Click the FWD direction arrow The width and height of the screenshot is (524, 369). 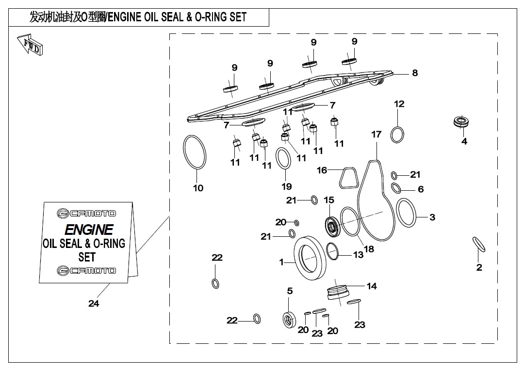tap(30, 45)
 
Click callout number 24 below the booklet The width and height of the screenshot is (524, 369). tap(94, 303)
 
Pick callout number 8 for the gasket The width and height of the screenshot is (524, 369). tap(415, 73)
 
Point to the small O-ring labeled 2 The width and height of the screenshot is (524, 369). tap(479, 245)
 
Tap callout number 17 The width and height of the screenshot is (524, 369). tap(377, 134)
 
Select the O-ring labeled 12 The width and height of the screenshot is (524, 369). tap(397, 135)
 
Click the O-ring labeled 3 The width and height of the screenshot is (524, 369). tap(407, 213)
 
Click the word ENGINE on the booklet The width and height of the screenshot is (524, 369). tap(89, 230)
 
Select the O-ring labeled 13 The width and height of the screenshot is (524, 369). tap(332, 251)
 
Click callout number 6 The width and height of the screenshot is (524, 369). tap(421, 189)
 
